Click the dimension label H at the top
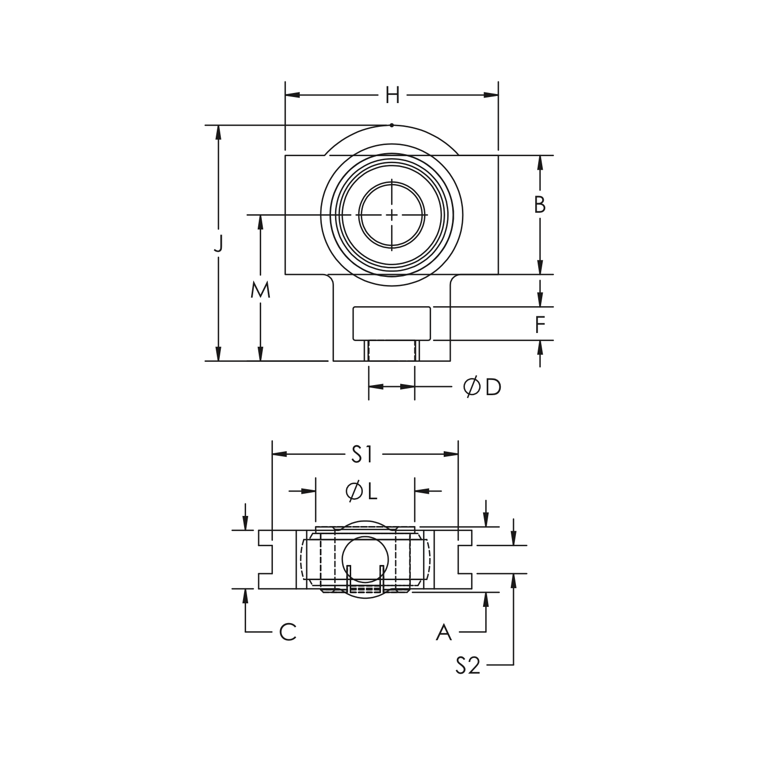pos(392,95)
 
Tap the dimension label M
pos(261,290)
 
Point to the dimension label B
pos(540,205)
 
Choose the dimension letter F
pos(540,324)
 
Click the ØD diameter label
pos(482,387)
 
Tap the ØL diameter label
pos(362,491)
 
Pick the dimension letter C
pos(288,632)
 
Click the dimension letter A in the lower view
pos(444,632)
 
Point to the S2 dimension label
pos(467,666)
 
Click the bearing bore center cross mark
pos(392,215)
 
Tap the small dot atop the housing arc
pos(392,125)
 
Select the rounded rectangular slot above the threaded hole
pos(392,323)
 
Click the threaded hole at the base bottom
pos(392,351)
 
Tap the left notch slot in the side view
pos(266,559)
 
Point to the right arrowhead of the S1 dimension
pos(452,454)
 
